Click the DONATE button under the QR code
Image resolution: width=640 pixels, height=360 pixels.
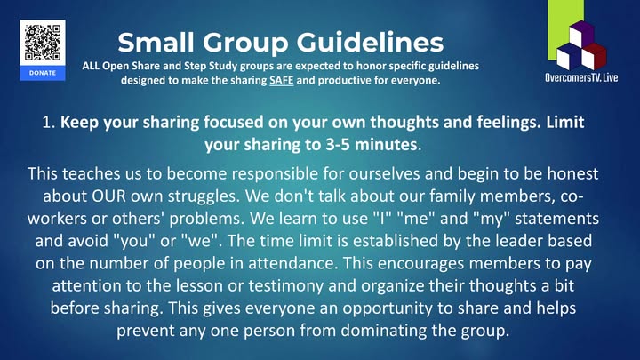point(43,73)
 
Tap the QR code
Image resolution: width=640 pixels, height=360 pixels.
point(43,43)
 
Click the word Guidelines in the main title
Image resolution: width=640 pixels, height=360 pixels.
point(370,42)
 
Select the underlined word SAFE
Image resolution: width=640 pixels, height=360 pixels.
point(281,80)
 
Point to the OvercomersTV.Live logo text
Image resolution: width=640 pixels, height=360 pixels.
point(581,77)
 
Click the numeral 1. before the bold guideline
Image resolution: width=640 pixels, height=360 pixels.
point(49,122)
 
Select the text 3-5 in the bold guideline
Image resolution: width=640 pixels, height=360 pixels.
point(338,145)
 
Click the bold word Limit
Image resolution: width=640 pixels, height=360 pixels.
point(565,122)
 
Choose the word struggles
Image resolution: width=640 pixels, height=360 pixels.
point(209,196)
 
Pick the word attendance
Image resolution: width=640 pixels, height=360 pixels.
point(293,263)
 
